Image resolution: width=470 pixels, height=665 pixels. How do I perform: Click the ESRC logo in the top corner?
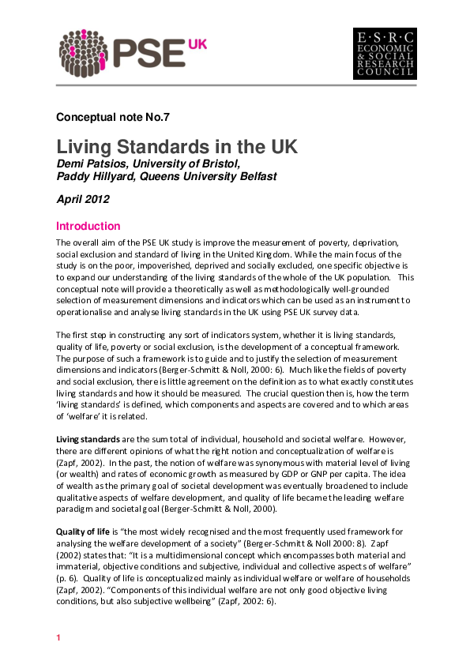pos(384,54)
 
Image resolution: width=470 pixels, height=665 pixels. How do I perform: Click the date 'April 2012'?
pos(83,200)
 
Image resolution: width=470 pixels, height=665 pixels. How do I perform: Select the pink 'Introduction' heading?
pos(88,226)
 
